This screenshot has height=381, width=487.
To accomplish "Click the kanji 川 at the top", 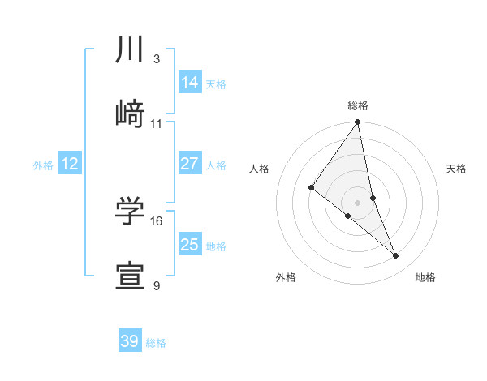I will click(131, 49).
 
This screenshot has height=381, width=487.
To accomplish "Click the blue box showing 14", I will click(190, 83).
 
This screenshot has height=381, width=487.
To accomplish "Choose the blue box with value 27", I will click(190, 164).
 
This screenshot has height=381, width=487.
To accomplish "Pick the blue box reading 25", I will click(190, 245).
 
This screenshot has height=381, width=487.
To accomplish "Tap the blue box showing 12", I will click(70, 165).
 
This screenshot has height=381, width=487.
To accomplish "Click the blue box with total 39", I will click(129, 341).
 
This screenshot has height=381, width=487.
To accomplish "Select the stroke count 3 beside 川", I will click(157, 58).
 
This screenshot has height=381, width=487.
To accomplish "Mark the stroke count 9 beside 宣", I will click(157, 285).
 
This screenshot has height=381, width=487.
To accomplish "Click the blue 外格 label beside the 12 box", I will click(43, 165).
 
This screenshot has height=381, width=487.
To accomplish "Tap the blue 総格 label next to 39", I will click(156, 343).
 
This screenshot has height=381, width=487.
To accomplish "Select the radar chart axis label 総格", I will click(357, 105).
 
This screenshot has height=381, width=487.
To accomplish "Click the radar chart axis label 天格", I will click(456, 169).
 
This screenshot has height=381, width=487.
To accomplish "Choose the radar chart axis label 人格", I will click(260, 169).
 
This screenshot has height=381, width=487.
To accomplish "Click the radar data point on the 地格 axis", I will click(396, 256).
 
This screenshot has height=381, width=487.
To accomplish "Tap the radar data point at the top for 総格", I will click(357, 123).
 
